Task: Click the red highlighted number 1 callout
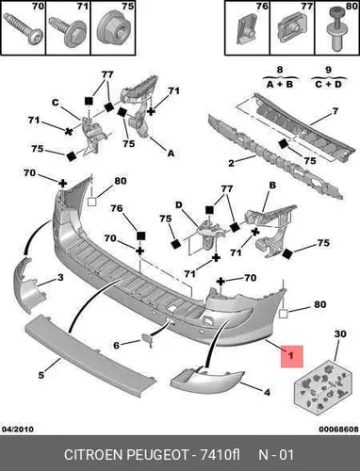[291, 356]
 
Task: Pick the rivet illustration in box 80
[336, 27]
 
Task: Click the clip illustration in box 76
[246, 29]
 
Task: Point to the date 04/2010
[18, 429]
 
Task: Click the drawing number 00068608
[338, 429]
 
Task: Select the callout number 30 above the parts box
[340, 334]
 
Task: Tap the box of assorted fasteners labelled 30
[321, 386]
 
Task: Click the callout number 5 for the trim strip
[41, 375]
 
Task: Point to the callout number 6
[116, 346]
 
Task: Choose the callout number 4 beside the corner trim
[267, 393]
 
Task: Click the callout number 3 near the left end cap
[60, 278]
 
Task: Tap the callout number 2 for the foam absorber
[231, 163]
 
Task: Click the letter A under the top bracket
[171, 154]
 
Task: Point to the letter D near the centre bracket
[178, 205]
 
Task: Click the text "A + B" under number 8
[280, 84]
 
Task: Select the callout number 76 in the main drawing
[116, 208]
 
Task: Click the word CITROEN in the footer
[93, 455]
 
